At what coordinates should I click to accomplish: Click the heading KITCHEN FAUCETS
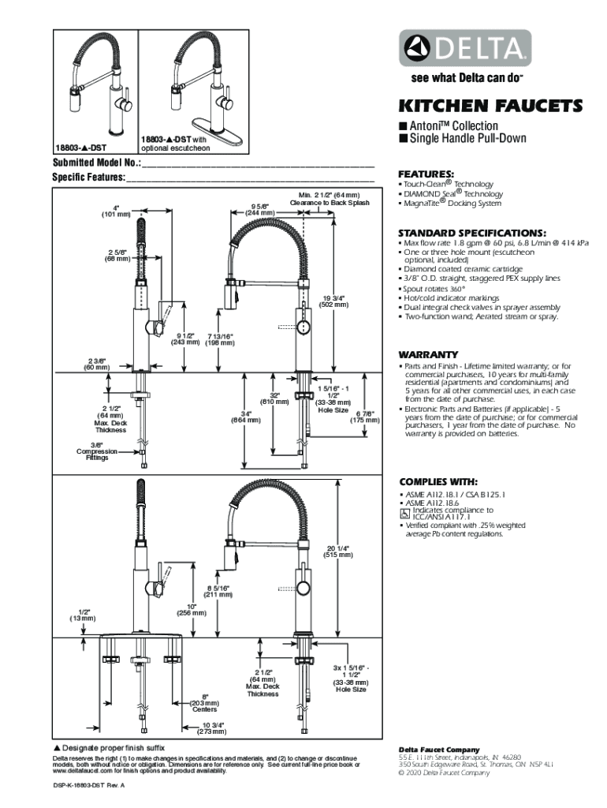point(490,106)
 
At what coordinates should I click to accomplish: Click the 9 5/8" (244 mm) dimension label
point(259,209)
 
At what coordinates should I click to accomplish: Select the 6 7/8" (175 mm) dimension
point(364,417)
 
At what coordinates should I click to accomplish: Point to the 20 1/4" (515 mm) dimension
point(338,551)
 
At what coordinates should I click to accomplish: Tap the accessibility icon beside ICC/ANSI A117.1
point(405,514)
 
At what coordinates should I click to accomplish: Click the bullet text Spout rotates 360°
point(434,289)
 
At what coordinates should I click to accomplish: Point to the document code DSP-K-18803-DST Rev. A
point(89,787)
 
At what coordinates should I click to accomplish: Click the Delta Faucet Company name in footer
point(438,750)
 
